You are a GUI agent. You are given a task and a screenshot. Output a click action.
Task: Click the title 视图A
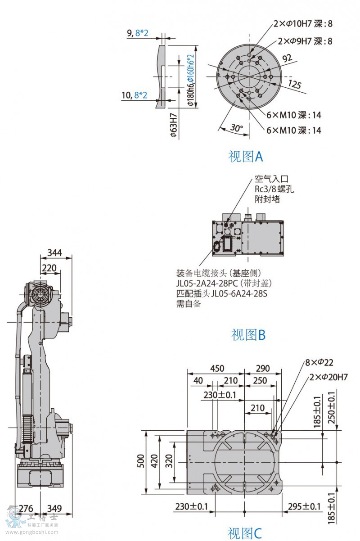click(245, 157)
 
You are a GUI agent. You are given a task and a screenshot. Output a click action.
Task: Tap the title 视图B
click(248, 335)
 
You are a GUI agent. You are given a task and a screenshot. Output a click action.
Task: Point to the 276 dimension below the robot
click(26, 509)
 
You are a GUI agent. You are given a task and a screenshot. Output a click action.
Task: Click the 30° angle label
click(236, 128)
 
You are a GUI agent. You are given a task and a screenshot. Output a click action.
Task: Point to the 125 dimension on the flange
click(294, 84)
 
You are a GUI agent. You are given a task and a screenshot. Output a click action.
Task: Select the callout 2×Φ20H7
click(328, 377)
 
